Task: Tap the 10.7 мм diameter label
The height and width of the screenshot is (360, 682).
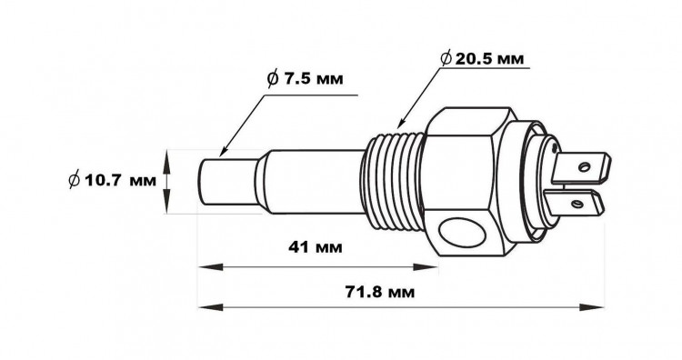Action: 112,181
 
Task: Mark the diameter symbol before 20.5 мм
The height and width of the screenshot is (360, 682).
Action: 447,58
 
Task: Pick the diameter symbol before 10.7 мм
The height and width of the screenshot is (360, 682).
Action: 74,181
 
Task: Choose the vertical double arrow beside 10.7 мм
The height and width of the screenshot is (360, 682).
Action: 166,181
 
